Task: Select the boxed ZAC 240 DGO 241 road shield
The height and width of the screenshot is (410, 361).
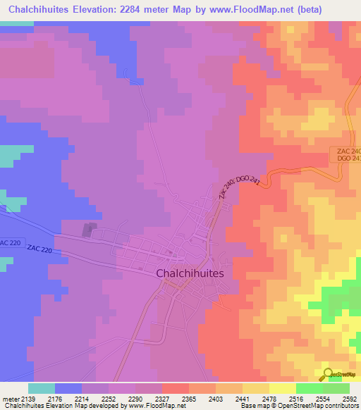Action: click(x=345, y=156)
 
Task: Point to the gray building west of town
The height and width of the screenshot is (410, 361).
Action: click(x=89, y=230)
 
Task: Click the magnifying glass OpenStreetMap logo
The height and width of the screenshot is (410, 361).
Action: click(x=327, y=374)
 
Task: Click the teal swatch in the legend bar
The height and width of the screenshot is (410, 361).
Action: click(x=42, y=388)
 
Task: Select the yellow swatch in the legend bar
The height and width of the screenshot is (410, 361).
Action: click(x=282, y=388)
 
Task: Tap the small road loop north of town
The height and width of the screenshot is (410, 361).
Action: click(x=127, y=72)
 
